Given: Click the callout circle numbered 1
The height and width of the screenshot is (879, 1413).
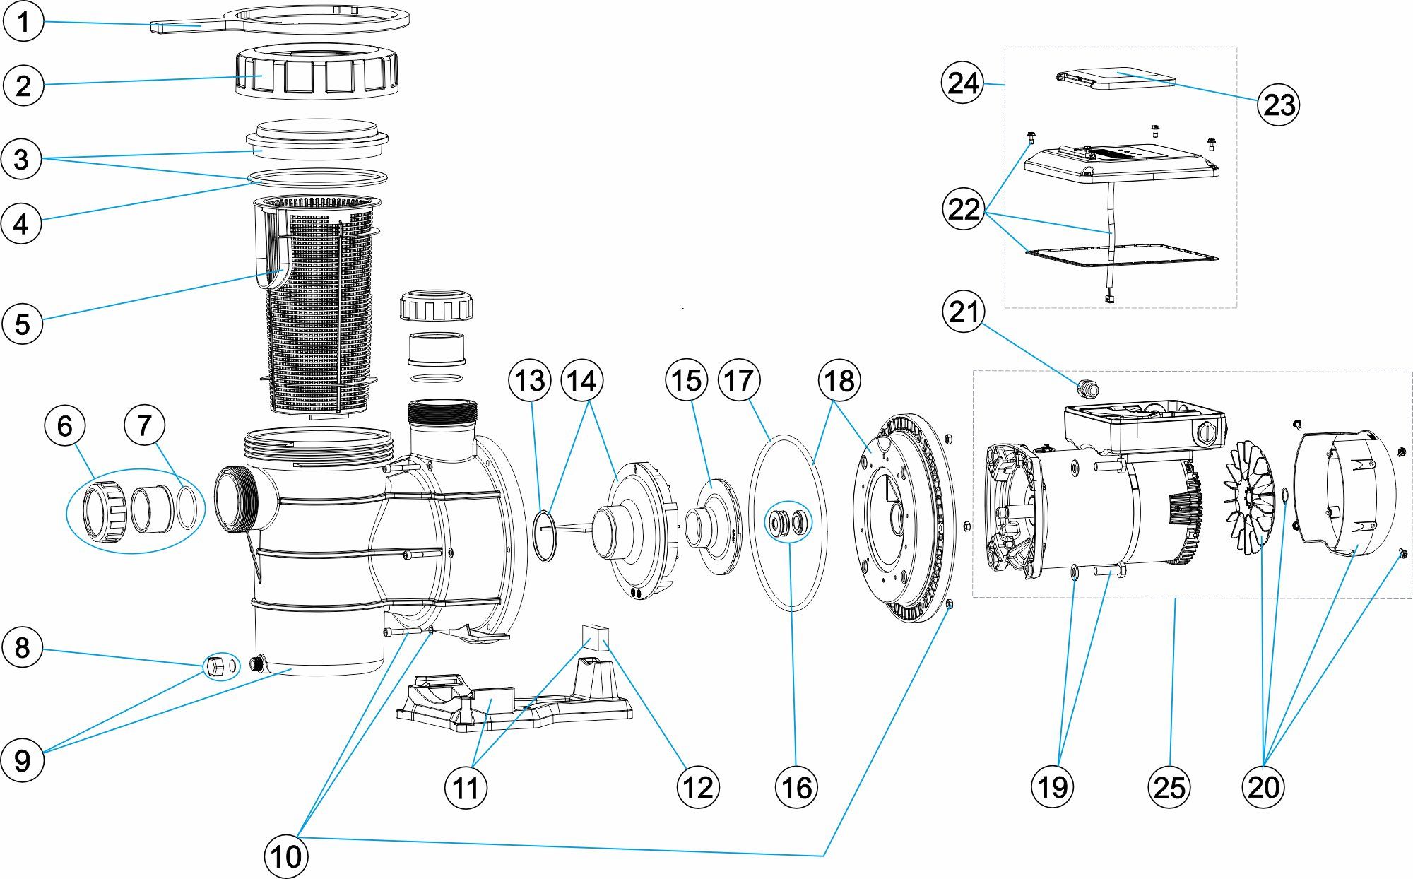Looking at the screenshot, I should coord(23,21).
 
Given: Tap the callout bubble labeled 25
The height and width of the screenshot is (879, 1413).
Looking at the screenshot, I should coord(1169,786).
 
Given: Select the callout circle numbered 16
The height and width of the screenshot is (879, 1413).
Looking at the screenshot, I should coord(796,786).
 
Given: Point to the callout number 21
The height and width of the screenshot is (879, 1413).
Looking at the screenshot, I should coord(964,312).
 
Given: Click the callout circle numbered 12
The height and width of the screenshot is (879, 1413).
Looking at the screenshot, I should coord(698,786).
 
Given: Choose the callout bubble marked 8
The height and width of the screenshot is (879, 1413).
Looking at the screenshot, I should coord(22,647).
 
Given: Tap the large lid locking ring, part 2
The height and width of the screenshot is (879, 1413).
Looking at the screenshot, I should coord(316,73).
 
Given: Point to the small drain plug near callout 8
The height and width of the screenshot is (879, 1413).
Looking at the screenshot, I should coord(215,666).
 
